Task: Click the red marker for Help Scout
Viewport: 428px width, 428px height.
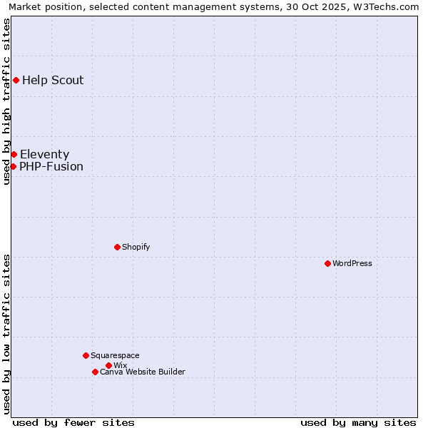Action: click(x=16, y=80)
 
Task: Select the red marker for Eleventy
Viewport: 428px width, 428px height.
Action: click(x=14, y=154)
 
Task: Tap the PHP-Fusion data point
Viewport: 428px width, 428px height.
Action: click(x=13, y=166)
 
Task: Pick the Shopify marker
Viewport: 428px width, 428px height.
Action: click(x=117, y=247)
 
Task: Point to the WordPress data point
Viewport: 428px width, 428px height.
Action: click(x=327, y=263)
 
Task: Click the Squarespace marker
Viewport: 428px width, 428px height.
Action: click(x=86, y=355)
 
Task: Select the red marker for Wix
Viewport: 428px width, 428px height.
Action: click(x=108, y=365)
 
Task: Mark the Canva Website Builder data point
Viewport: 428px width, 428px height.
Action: click(x=95, y=372)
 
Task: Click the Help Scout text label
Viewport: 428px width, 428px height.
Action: click(x=53, y=80)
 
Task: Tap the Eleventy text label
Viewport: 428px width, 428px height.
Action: click(x=44, y=154)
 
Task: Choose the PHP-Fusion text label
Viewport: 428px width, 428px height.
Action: click(x=51, y=167)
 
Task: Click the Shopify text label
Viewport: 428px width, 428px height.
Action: click(x=136, y=247)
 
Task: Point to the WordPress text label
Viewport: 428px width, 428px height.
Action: click(x=352, y=263)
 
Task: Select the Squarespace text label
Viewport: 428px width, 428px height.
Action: click(x=115, y=355)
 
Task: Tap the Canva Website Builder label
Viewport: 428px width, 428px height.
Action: click(x=143, y=372)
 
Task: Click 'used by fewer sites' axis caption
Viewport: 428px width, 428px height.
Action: click(x=73, y=422)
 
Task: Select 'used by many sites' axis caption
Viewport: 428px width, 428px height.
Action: click(x=358, y=422)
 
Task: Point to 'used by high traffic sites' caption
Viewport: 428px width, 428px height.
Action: click(x=7, y=101)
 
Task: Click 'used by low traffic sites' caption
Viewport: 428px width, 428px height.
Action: click(x=7, y=333)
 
